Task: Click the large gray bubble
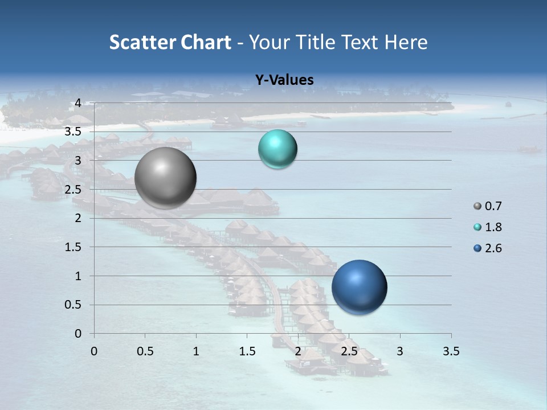coord(166,178)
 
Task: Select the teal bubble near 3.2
coord(277,149)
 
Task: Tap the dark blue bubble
coord(360,287)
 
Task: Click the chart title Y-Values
coord(284,80)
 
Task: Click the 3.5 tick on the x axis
coord(451,351)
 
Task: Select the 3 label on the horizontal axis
coord(400,351)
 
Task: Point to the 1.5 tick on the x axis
coord(247,351)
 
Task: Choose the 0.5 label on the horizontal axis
coord(145,351)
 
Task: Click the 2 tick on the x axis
coord(298,351)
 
